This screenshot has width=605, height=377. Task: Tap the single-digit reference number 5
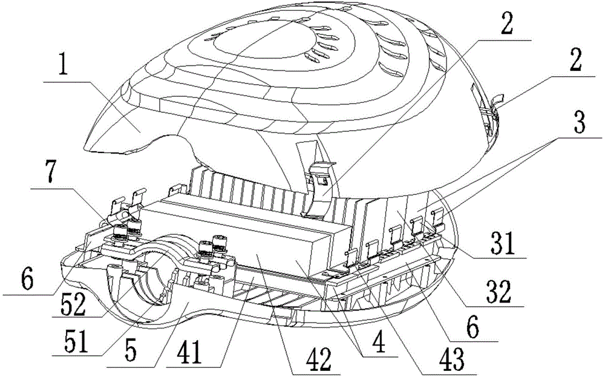[x=131, y=350]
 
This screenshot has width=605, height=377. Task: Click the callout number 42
[x=320, y=358]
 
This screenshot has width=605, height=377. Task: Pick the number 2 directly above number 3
[x=576, y=59]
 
